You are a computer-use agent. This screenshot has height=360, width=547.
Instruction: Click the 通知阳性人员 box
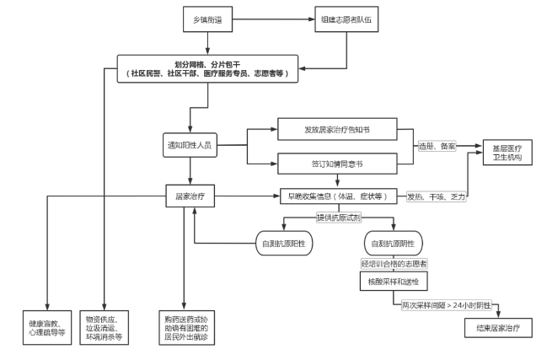[x=190, y=144]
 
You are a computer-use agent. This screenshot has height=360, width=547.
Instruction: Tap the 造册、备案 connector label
[x=437, y=146]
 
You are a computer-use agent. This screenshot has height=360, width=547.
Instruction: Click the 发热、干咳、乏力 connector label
[x=437, y=196]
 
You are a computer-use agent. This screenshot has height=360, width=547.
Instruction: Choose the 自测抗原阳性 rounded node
[x=286, y=244]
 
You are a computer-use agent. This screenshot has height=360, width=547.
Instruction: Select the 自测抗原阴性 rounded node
[x=392, y=244]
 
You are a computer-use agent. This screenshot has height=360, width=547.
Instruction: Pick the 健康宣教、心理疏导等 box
[x=48, y=326]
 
